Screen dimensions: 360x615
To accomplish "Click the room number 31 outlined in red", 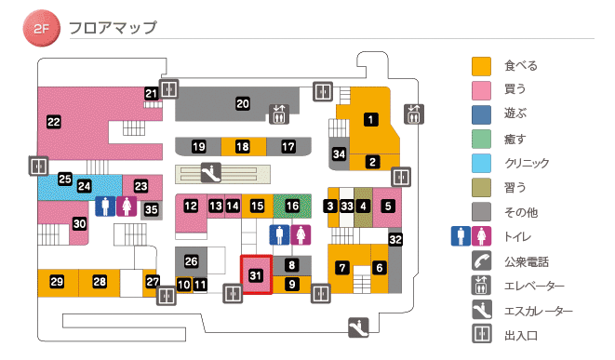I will click(256, 274).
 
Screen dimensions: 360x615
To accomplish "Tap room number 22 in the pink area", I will click(53, 121).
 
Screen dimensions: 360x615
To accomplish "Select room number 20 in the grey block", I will click(242, 103).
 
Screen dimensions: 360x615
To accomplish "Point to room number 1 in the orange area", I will click(370, 119).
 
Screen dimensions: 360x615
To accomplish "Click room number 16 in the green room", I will click(292, 206).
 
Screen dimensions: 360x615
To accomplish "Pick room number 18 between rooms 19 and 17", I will click(242, 147).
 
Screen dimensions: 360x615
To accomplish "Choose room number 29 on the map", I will click(57, 282).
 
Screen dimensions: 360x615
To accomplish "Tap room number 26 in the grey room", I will click(192, 260).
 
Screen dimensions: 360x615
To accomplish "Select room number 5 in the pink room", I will click(388, 206).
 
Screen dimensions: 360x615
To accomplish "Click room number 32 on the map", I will click(395, 240).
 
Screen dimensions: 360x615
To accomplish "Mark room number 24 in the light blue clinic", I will click(85, 186).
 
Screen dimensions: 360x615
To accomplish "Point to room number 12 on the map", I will click(191, 206).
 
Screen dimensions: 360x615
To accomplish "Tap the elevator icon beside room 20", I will click(279, 113).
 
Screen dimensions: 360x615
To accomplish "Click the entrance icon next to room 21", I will click(168, 89).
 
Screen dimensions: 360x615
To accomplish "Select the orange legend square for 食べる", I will click(481, 66).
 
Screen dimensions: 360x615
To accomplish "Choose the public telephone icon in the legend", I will click(481, 261).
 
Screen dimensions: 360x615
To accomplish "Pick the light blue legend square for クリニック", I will click(481, 164).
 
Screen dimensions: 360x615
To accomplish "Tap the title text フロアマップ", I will click(113, 27).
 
